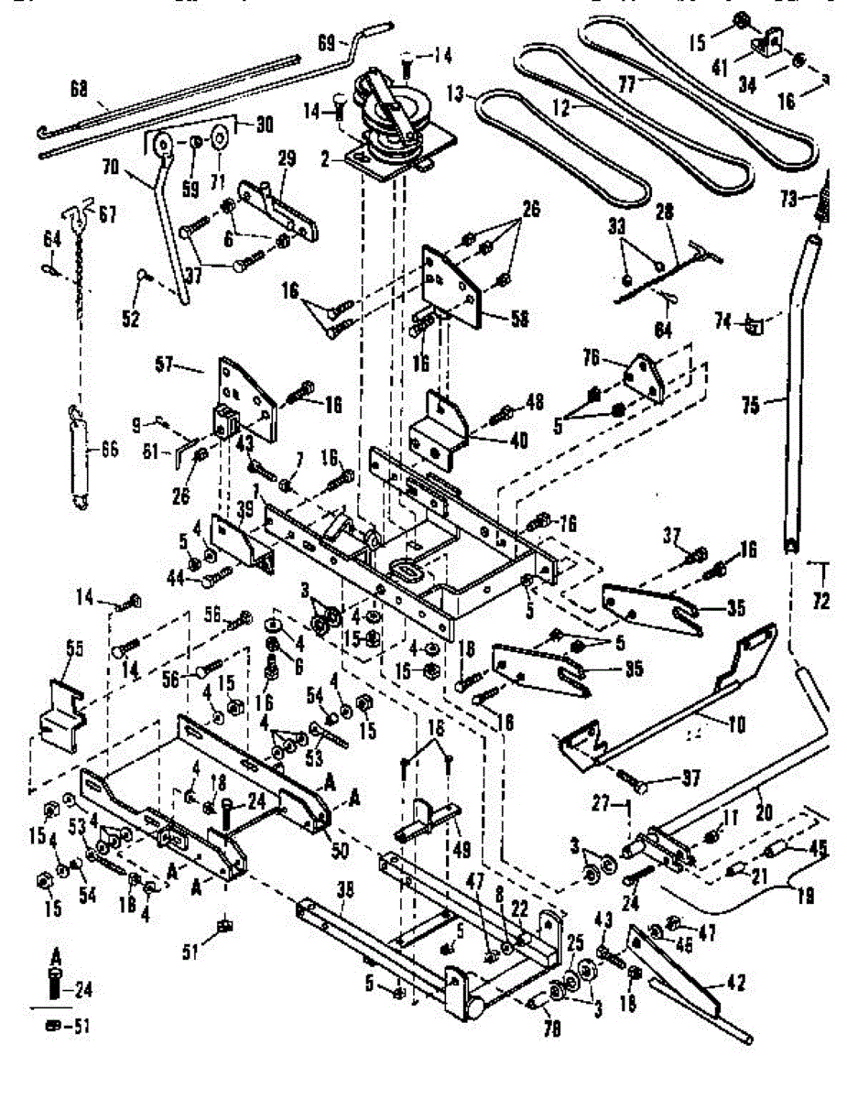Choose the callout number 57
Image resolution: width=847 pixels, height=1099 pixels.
pos(190,366)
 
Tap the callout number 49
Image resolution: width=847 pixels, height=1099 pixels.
pos(462,851)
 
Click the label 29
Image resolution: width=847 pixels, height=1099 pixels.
pos(287,159)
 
